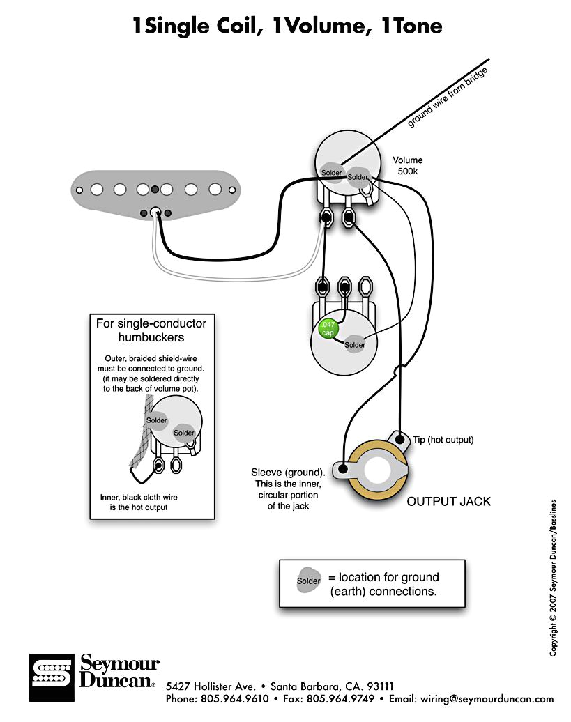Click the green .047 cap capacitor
327,328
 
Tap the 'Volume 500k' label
407,165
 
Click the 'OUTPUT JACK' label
448,501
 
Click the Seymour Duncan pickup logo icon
52,677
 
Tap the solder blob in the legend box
309,581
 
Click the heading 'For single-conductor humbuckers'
151,330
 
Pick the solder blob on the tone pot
354,344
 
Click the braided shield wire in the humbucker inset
143,432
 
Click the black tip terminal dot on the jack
399,440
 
